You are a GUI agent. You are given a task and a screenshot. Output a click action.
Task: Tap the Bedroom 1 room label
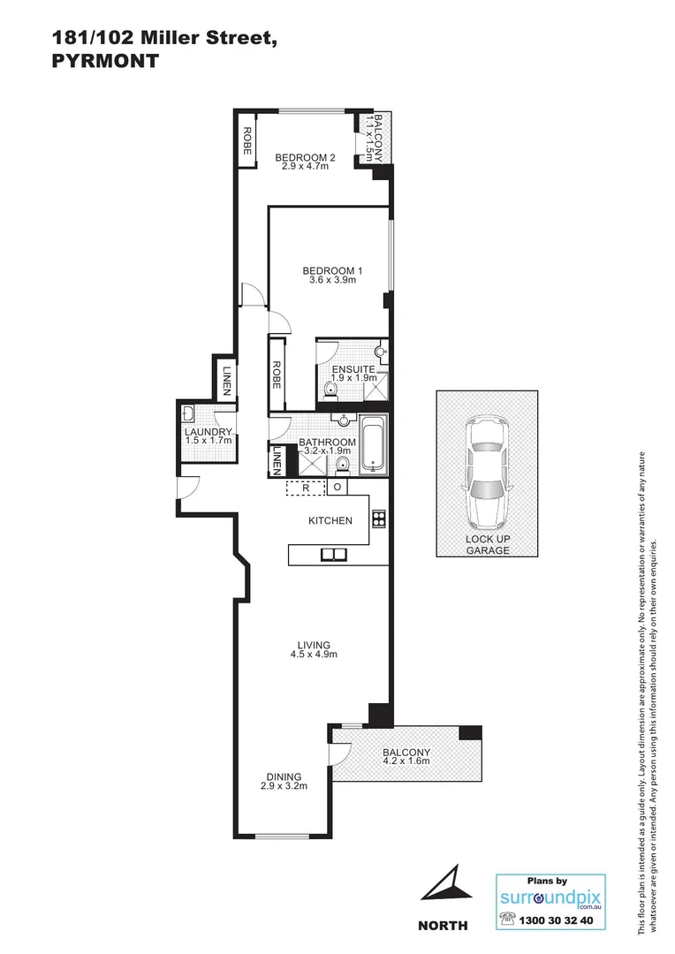[x=332, y=271]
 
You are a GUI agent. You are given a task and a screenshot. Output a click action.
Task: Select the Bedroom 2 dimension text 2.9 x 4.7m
[x=305, y=166]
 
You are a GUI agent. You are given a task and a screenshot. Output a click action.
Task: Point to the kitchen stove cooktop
[x=378, y=519]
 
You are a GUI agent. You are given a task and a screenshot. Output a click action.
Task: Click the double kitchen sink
[x=333, y=555]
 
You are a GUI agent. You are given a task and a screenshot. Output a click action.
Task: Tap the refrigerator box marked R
[x=305, y=487]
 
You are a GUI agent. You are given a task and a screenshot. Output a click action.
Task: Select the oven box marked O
[x=337, y=487]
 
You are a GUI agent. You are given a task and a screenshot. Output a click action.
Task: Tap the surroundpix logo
[x=550, y=898]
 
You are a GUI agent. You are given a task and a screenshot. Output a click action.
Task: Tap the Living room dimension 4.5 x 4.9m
[x=315, y=655]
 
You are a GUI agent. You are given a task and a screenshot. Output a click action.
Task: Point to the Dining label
[x=283, y=776]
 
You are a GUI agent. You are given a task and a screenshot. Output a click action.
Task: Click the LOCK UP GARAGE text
[x=487, y=544]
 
